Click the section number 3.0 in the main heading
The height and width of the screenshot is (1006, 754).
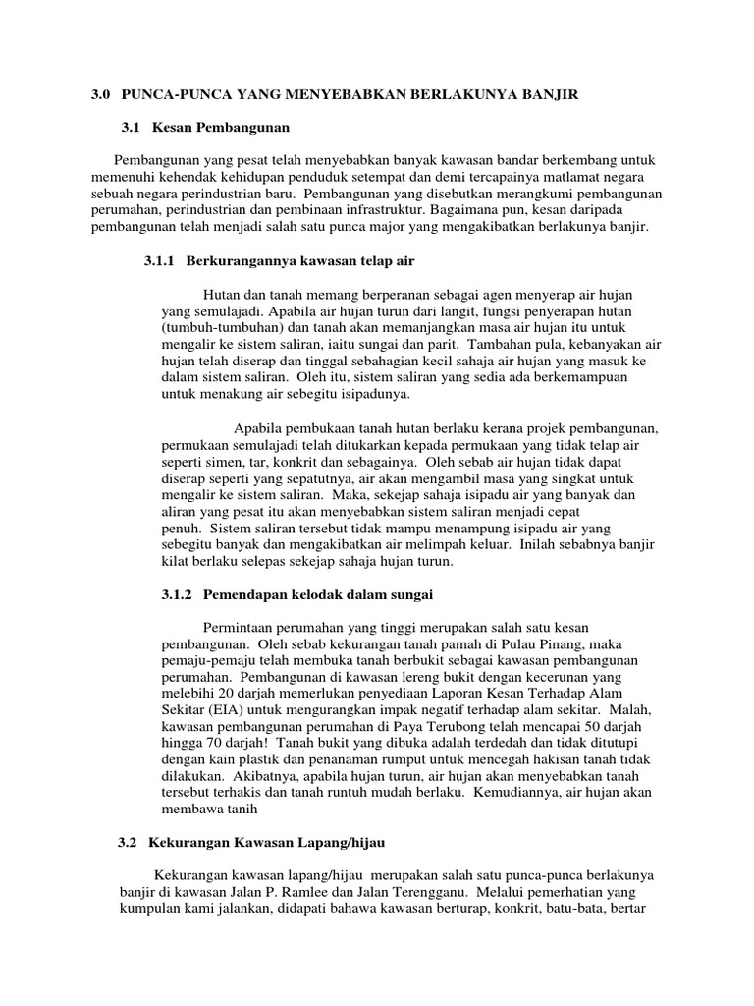point(100,94)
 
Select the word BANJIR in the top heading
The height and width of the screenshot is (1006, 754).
point(552,94)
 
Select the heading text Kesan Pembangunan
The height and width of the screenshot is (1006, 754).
point(221,127)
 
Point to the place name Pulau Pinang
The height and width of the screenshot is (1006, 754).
point(505,644)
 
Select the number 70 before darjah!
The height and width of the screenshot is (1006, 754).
point(214,744)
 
